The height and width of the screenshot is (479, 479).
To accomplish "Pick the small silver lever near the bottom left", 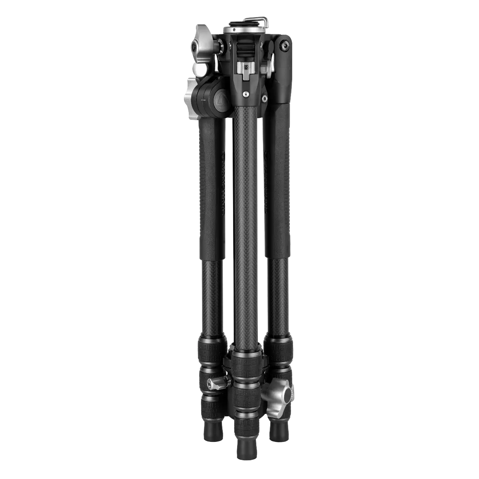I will pos(216,384).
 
